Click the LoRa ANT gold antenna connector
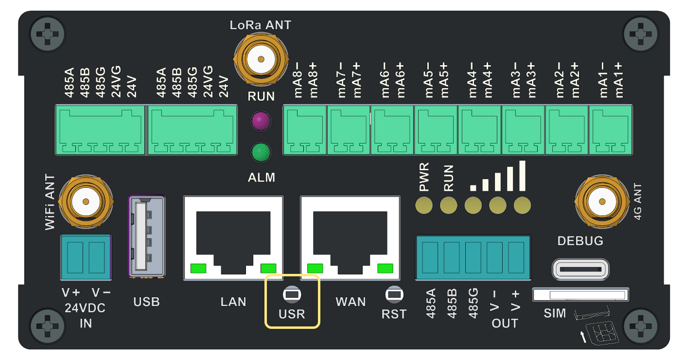[x=261, y=60]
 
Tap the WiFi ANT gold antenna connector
[x=86, y=202]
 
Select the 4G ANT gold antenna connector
[x=602, y=202]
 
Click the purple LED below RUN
[x=261, y=122]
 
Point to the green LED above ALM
[x=261, y=152]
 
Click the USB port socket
[x=146, y=236]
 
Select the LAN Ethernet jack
[x=233, y=237]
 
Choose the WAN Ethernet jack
[x=351, y=237]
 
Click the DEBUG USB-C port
[x=580, y=269]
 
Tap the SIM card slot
[x=581, y=295]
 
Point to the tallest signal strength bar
[x=522, y=176]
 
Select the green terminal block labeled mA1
[x=611, y=130]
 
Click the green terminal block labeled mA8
[x=304, y=130]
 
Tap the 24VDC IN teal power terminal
[x=86, y=257]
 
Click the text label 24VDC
[x=86, y=308]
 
